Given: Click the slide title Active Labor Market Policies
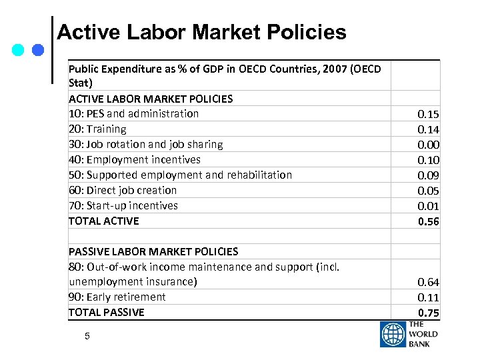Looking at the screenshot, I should tap(201, 32).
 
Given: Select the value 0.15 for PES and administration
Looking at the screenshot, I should tap(428, 115).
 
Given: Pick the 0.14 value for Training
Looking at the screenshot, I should tap(428, 130).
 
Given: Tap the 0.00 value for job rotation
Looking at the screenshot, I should tap(428, 145).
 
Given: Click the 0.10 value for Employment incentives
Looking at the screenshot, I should tap(428, 161).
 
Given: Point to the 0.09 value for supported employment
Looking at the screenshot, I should tap(428, 176).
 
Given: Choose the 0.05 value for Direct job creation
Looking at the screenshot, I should tap(428, 191).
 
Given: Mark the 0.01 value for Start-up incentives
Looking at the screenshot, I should tap(428, 207).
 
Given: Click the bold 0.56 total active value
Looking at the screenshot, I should tap(428, 222).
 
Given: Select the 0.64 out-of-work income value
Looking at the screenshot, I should tap(428, 283).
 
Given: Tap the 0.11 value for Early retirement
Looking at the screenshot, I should tap(428, 298).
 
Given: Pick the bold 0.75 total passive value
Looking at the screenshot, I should tap(428, 313).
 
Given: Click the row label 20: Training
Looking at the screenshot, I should tap(97, 129).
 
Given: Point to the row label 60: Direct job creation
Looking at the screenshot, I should tap(123, 190).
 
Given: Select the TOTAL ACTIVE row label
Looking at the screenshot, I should tap(104, 221).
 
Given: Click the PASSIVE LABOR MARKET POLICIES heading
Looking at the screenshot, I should tap(153, 251).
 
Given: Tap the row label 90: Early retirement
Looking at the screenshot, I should tap(117, 297).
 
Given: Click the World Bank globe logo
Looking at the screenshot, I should tap(393, 335).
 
